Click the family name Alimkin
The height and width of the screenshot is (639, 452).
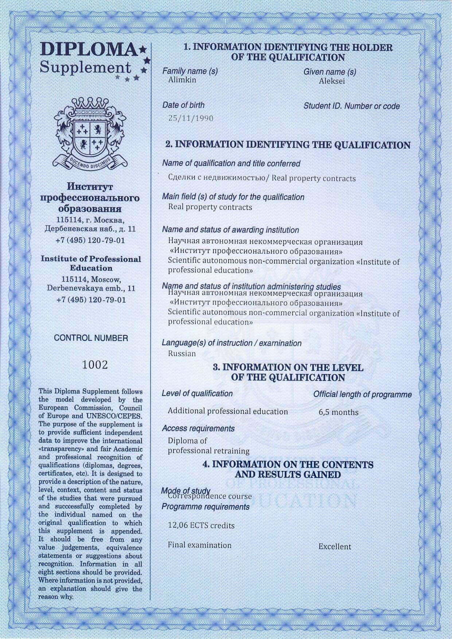182,80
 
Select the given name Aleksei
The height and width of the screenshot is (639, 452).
332,81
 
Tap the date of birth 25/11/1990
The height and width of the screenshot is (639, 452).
191,118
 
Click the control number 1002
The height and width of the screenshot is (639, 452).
95,365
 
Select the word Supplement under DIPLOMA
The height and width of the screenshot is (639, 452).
85,67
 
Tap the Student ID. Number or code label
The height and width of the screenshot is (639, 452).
351,106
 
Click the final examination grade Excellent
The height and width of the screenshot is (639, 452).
335,546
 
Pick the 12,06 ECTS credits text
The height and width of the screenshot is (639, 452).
201,526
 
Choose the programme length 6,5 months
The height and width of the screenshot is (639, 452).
338,412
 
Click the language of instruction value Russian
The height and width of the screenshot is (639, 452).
182,354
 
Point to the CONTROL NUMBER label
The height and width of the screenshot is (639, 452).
91,338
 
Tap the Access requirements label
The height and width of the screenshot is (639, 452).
198,429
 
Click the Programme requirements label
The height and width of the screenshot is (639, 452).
206,507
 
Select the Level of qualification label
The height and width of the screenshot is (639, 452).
197,394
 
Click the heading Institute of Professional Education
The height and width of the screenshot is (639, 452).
91,264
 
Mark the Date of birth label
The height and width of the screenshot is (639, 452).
183,105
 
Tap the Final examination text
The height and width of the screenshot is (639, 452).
199,545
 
